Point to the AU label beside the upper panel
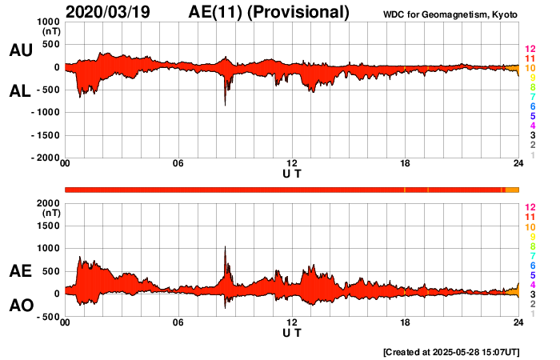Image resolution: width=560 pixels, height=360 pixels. pyautogui.click(x=20, y=50)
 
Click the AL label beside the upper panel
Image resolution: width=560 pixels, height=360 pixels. pyautogui.click(x=20, y=91)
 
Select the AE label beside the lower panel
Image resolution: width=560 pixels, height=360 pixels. pyautogui.click(x=20, y=270)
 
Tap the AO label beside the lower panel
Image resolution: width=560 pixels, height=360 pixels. pyautogui.click(x=20, y=306)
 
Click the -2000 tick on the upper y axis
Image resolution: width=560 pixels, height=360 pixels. pyautogui.click(x=45, y=158)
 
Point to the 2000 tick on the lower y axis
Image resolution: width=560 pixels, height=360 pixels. pyautogui.click(x=49, y=203)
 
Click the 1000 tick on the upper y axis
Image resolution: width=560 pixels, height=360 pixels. pyautogui.click(x=49, y=22)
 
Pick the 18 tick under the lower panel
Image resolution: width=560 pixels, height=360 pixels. pyautogui.click(x=406, y=323)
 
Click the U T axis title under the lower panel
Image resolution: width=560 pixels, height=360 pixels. pyautogui.click(x=292, y=333)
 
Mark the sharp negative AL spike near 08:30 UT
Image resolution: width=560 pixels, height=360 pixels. pyautogui.click(x=225, y=102)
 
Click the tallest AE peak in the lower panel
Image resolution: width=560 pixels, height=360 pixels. pyautogui.click(x=225, y=248)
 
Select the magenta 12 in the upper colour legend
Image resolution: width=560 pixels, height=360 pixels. pyautogui.click(x=529, y=49)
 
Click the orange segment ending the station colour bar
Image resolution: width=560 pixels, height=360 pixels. pyautogui.click(x=512, y=190)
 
